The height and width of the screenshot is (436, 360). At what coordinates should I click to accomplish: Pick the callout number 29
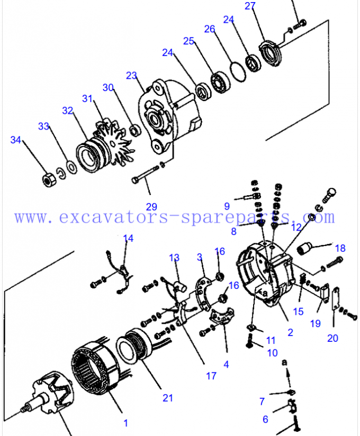pos(152,207)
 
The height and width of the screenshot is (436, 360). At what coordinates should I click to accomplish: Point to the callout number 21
pos(168,398)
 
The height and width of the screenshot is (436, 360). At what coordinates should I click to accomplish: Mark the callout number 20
pos(332,338)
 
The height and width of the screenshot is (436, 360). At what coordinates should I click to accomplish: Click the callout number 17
pos(211,376)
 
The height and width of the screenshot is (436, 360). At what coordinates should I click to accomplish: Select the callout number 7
pos(262,402)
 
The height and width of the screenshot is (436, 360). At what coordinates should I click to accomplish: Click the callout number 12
pos(296,226)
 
